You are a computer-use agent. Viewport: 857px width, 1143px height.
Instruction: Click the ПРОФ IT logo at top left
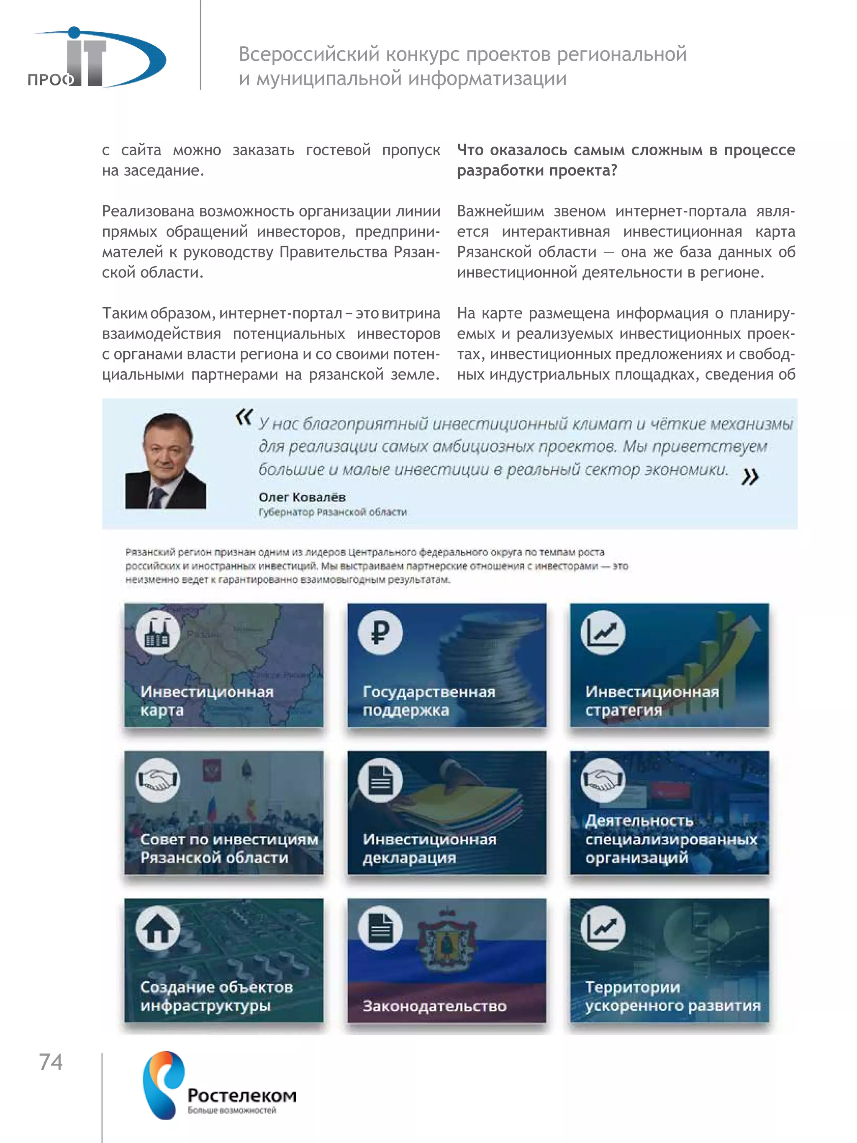95,58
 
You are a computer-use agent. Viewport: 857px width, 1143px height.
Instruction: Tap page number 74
51,1062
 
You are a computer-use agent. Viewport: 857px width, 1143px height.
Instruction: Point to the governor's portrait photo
165,461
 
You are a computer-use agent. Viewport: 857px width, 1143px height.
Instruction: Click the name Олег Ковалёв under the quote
302,497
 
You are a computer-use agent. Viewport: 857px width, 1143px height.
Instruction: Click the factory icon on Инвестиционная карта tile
158,633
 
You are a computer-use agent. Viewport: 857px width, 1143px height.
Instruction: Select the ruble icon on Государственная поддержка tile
380,633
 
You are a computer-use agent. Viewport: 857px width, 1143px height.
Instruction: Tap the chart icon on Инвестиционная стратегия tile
602,633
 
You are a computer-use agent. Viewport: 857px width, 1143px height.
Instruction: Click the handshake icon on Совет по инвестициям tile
158,780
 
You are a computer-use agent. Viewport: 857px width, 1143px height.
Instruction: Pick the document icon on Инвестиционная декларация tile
380,780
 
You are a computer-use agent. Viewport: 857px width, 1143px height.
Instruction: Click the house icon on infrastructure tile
158,928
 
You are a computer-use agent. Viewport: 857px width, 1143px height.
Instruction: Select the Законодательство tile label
434,1006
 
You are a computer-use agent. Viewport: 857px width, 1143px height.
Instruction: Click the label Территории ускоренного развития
672,996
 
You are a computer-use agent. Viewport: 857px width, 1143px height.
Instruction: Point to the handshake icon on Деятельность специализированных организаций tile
602,780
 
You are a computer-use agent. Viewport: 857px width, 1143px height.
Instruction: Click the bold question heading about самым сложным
625,160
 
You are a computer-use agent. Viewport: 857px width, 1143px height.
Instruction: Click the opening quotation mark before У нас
244,416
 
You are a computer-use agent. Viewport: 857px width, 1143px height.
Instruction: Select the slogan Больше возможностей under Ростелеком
232,1110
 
